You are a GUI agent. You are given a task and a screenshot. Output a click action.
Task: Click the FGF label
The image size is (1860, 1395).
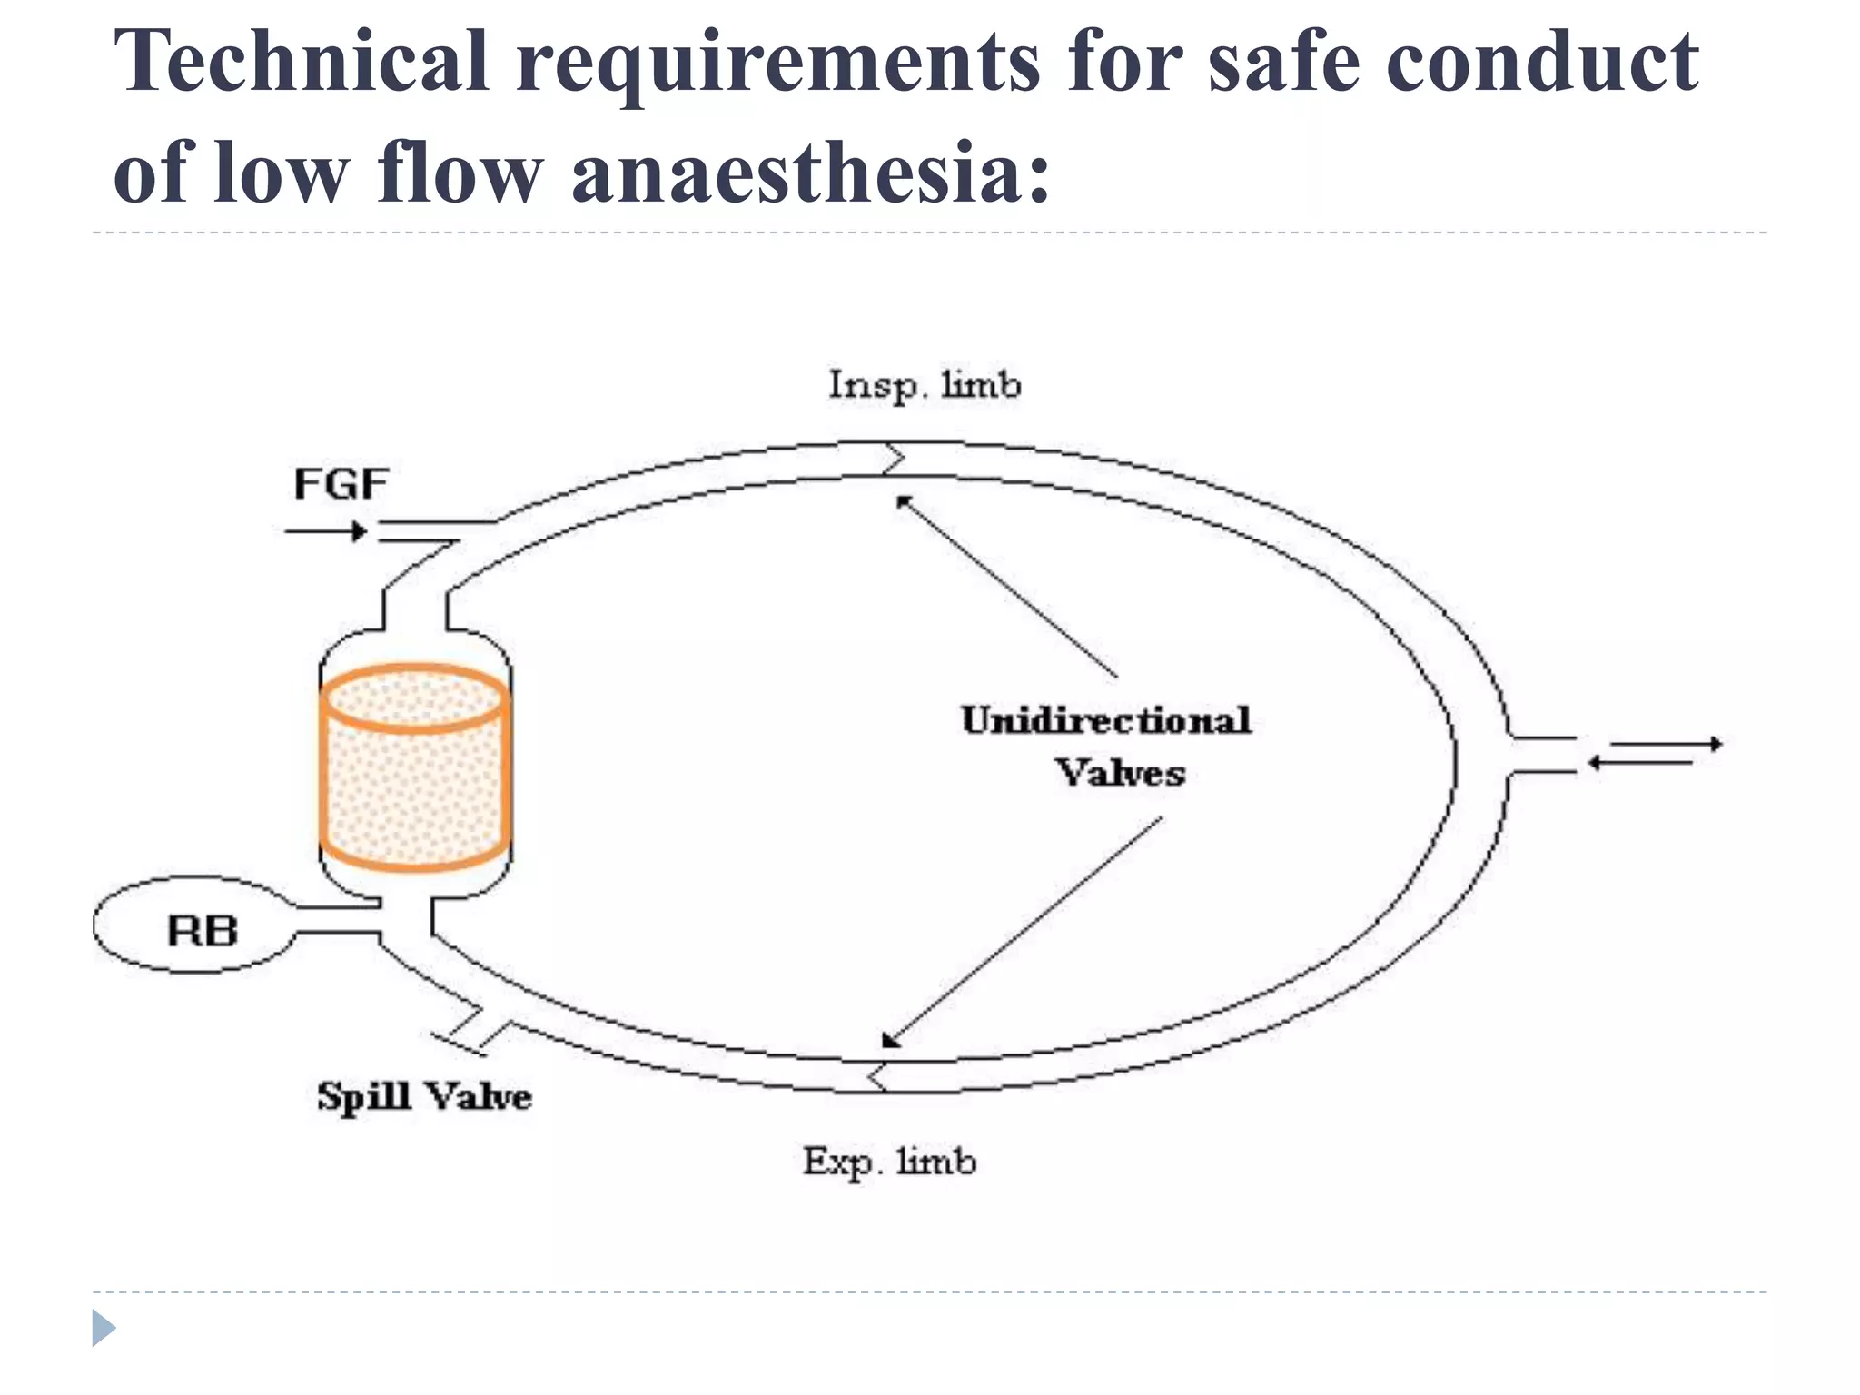point(341,484)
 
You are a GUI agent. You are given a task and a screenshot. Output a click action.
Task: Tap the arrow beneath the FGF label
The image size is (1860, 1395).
point(326,531)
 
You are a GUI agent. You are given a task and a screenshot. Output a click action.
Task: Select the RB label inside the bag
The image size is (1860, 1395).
point(203,931)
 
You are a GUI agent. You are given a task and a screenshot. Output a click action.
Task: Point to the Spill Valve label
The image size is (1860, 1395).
point(423,1096)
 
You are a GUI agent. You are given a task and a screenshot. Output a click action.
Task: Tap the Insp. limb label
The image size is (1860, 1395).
point(924,385)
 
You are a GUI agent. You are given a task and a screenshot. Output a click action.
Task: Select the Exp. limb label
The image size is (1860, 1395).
point(888,1162)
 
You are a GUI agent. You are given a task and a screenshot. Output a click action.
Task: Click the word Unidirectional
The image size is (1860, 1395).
point(1105,720)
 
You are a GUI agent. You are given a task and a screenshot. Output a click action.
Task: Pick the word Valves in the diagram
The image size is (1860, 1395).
point(1120,773)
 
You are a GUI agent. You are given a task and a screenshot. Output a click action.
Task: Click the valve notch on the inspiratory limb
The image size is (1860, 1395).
point(894,460)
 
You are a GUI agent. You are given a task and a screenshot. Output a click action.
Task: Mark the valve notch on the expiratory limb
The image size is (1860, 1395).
point(876,1077)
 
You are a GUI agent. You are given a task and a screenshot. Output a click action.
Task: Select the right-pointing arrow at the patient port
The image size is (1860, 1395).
point(1667,745)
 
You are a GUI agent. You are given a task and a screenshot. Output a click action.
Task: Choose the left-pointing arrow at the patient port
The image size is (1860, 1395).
point(1640,764)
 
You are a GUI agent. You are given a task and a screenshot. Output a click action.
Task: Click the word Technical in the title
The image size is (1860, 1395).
point(301,62)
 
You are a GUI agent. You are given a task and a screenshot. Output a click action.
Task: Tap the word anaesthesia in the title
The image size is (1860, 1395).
point(809,173)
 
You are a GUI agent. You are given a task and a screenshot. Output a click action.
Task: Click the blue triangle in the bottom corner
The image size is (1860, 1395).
point(104,1328)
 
